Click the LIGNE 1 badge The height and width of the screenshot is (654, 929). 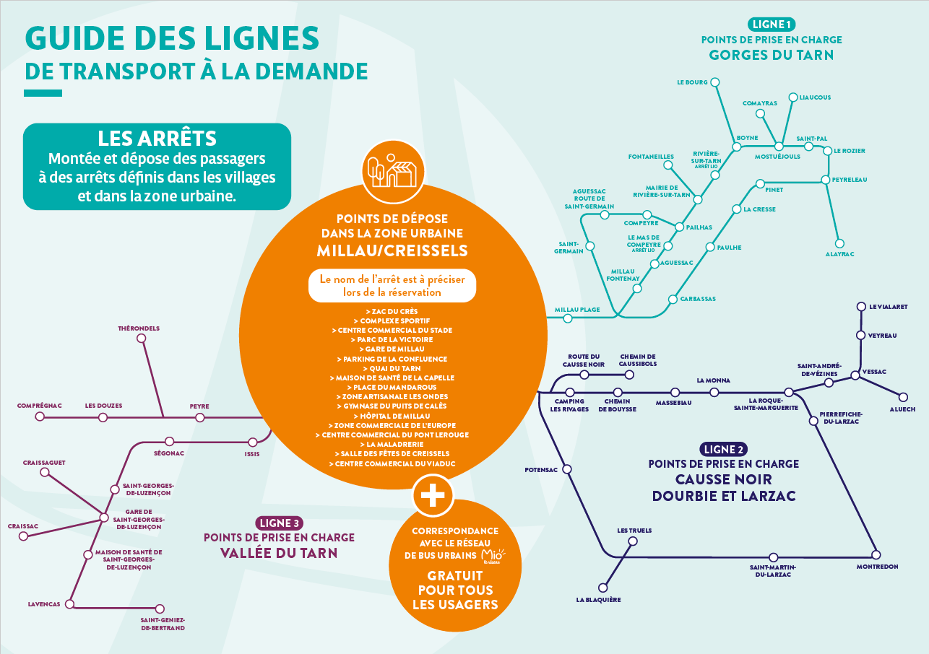point(772,25)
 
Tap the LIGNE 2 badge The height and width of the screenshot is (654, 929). point(723,449)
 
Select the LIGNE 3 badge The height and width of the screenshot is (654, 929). point(279,523)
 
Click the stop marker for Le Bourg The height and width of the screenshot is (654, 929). point(715,82)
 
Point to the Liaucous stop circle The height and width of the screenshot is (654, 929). point(793,97)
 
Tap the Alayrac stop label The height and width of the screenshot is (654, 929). point(840,254)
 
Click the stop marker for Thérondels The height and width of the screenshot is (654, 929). point(142,339)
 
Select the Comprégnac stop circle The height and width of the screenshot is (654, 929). point(40,417)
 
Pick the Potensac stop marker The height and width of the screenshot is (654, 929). point(567,469)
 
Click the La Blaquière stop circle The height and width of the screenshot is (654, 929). point(603,588)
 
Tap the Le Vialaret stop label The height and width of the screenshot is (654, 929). point(889,307)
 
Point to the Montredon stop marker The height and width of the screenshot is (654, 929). point(876,554)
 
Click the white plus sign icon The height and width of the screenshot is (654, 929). point(433,495)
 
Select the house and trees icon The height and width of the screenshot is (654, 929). point(392,171)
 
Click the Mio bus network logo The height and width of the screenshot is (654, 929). point(493,556)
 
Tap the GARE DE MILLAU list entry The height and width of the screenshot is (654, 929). point(392,349)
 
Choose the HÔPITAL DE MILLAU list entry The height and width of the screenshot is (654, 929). point(392,416)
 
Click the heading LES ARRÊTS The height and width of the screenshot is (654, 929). point(157,138)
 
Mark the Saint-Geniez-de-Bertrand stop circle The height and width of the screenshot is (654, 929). point(160,609)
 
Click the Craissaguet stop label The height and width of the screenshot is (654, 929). point(44,463)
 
